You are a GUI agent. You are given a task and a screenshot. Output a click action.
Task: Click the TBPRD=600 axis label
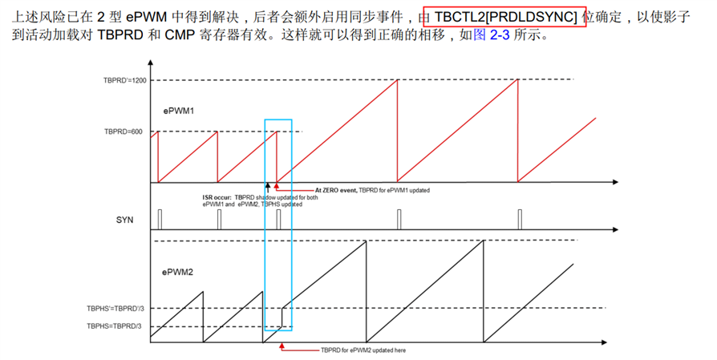(123, 131)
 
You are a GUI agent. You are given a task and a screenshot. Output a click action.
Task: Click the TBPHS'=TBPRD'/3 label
(117, 308)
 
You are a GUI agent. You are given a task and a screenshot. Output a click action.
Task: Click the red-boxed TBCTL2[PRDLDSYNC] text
(505, 16)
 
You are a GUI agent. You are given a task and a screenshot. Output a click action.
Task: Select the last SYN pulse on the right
(519, 219)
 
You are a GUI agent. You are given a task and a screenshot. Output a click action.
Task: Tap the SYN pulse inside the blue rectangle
(277, 219)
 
